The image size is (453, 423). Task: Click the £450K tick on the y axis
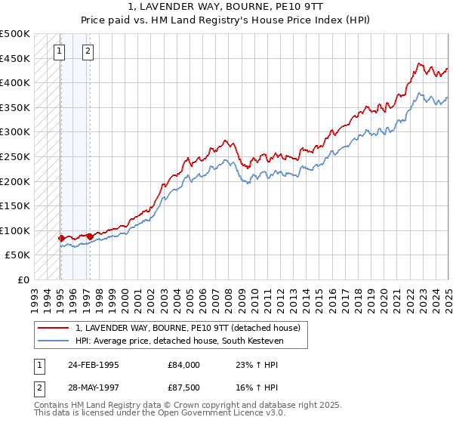point(15,58)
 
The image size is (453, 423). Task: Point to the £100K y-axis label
point(15,230)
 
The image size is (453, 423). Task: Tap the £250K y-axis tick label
point(15,156)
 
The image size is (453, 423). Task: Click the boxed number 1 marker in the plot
point(59,51)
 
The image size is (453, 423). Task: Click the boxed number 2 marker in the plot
point(88,51)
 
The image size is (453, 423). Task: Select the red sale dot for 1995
point(61,238)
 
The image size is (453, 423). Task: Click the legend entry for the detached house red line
point(188,328)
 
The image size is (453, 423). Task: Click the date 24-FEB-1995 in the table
point(93,365)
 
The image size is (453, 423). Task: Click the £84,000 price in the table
point(184,365)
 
